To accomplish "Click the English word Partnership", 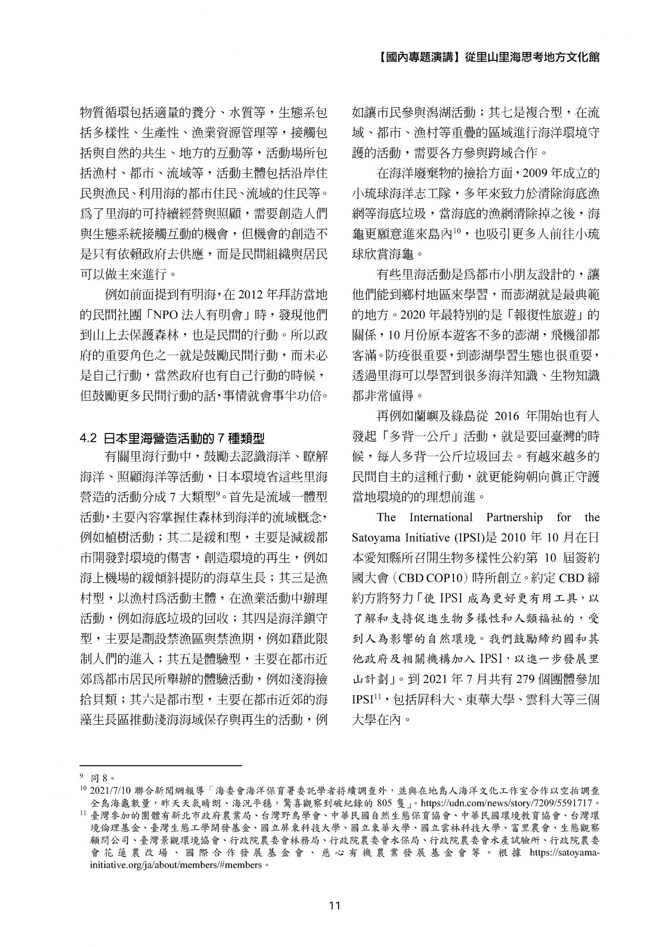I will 514,518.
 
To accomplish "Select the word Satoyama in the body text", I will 374,538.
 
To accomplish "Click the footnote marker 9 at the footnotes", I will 81,778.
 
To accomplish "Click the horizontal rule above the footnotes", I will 161,766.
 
